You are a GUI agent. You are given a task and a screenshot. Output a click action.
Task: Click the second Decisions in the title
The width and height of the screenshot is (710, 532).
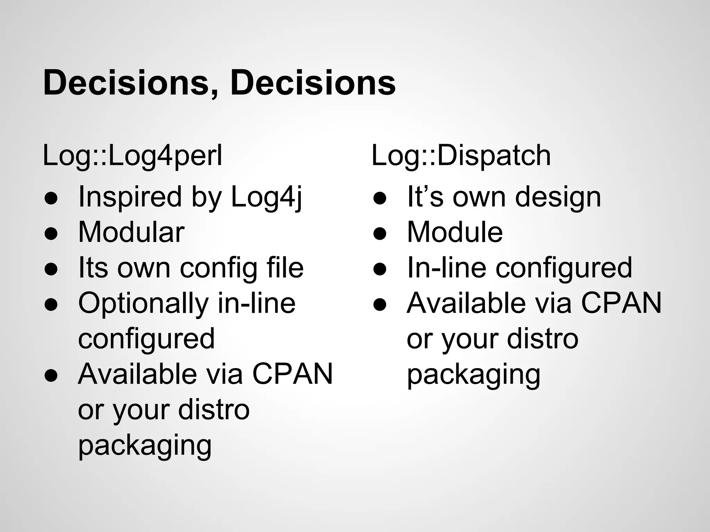pyautogui.click(x=313, y=83)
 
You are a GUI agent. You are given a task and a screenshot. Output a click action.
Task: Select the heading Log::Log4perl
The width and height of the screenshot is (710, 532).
pyautogui.click(x=132, y=156)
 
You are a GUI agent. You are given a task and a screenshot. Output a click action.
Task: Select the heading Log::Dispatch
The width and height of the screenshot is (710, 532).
pyautogui.click(x=461, y=156)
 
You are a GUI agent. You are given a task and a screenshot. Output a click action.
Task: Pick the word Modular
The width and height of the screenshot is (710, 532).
pyautogui.click(x=131, y=232)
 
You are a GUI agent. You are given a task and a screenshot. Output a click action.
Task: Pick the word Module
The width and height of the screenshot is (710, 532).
pyautogui.click(x=455, y=232)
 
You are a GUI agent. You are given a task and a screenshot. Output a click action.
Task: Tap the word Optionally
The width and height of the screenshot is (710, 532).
pyautogui.click(x=143, y=304)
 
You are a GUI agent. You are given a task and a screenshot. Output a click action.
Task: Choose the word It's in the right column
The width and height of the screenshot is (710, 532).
pyautogui.click(x=425, y=197)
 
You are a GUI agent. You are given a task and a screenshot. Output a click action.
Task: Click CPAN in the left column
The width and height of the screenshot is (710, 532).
pyautogui.click(x=292, y=374)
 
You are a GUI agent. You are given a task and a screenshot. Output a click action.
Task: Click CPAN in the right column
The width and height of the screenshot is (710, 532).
pyautogui.click(x=621, y=303)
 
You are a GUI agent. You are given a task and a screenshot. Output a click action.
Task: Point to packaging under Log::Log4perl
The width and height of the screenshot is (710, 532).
pyautogui.click(x=145, y=446)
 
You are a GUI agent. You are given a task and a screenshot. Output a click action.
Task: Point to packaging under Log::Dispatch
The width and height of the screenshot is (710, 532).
pyautogui.click(x=474, y=375)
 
